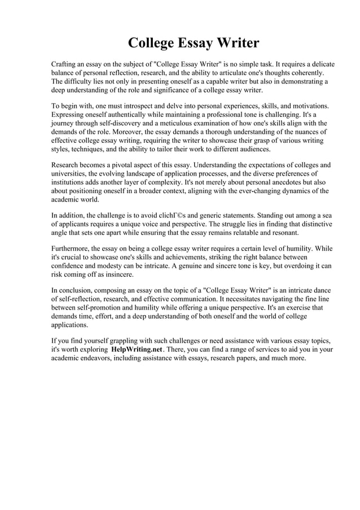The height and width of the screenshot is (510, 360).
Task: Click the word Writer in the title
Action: [x=238, y=43]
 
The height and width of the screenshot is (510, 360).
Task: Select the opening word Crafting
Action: [x=65, y=64]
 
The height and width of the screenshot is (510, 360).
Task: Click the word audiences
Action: [x=254, y=150]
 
